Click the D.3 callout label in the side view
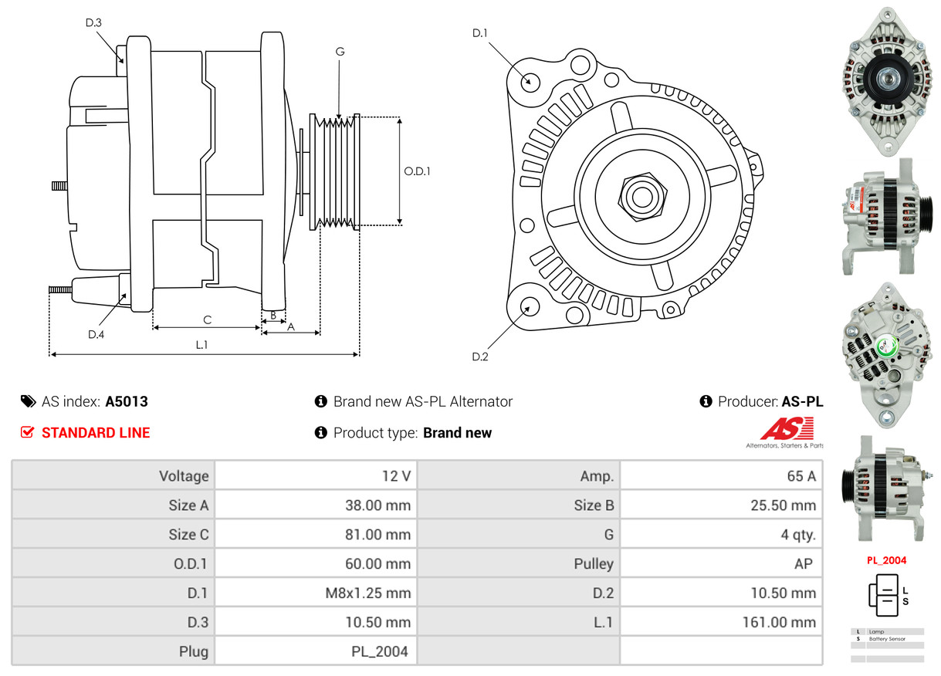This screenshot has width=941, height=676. (93, 22)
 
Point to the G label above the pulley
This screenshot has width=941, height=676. (340, 52)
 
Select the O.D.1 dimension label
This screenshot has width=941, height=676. (417, 171)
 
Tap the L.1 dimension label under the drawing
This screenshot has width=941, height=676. (201, 345)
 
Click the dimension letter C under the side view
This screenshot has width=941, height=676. (207, 319)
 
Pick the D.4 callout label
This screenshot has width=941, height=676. (96, 334)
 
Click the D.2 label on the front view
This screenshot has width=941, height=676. (480, 357)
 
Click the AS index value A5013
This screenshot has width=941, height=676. (127, 401)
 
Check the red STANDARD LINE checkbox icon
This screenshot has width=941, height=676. (27, 432)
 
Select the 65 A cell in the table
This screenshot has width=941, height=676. (801, 476)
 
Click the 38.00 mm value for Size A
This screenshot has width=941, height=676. (377, 505)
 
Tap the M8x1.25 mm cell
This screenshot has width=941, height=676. (367, 593)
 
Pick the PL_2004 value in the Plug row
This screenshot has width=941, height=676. (379, 651)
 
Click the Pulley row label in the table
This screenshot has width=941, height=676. (593, 563)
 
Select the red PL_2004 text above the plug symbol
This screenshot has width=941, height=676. (886, 560)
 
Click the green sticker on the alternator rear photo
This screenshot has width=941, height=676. (889, 349)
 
